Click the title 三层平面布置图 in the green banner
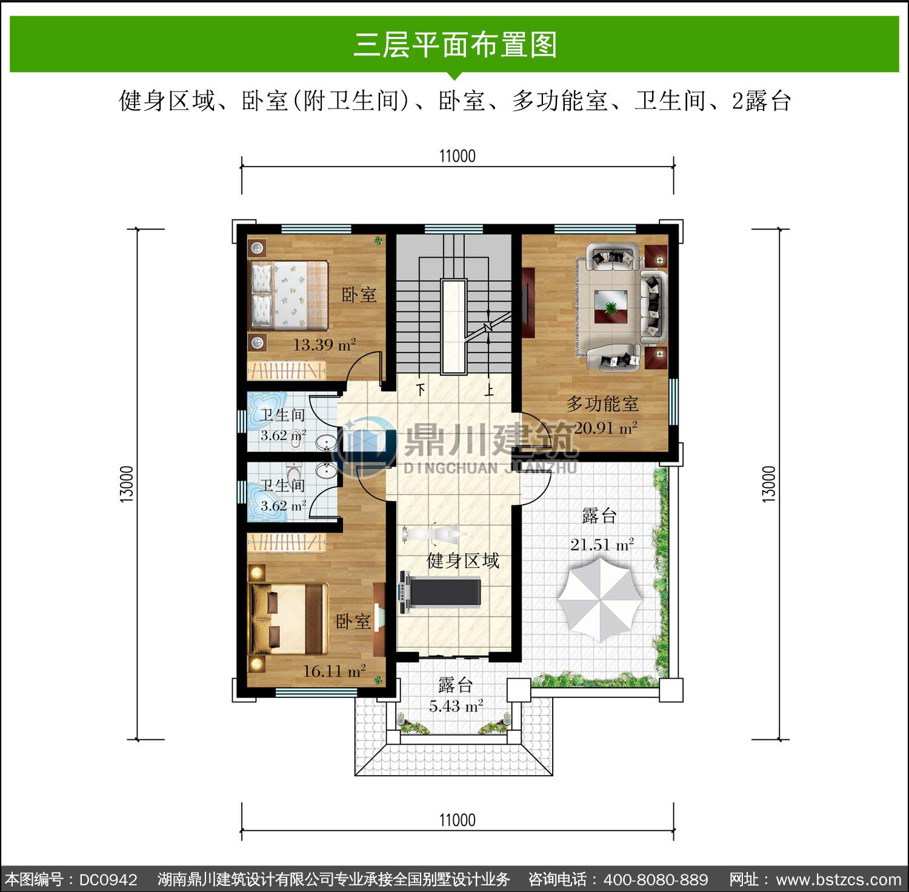(455, 44)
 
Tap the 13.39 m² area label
(324, 345)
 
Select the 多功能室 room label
(602, 404)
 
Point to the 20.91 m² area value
(605, 428)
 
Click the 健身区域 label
(463, 561)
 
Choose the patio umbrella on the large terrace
(599, 598)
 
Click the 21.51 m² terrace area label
(602, 544)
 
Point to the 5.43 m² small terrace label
(456, 706)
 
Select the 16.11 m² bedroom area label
(334, 671)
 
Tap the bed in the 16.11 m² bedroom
(289, 619)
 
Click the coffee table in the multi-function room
(611, 307)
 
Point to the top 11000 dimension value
(458, 156)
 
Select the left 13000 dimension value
(126, 484)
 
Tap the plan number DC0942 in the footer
(108, 879)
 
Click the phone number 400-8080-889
(656, 879)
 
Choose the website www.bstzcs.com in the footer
(839, 879)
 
